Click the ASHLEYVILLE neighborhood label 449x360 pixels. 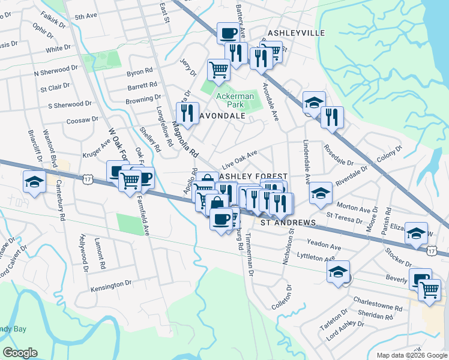point(296,32)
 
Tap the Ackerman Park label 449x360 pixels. point(235,100)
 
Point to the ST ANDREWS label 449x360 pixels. point(288,223)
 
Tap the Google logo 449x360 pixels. point(20,353)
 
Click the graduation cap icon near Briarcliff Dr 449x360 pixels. point(34,182)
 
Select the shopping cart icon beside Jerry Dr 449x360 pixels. point(218,70)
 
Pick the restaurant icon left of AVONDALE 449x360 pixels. point(187,114)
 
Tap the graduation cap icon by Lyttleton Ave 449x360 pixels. point(339,272)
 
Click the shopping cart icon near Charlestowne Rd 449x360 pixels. point(429,290)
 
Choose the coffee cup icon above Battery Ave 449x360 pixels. point(228,33)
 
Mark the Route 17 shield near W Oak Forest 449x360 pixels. point(88,179)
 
